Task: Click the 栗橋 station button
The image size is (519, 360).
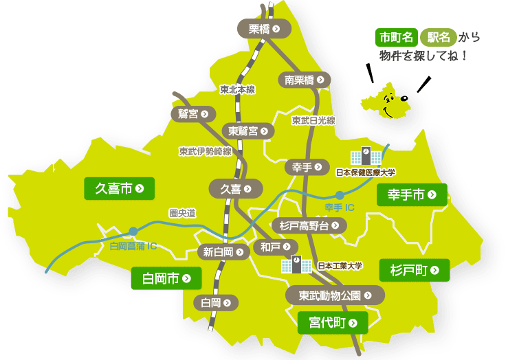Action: coord(264,28)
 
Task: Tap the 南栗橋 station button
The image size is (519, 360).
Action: coord(305,80)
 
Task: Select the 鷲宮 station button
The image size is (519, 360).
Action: coord(193,113)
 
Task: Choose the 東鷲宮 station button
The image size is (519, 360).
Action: coord(247,131)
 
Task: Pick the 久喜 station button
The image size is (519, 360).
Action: coord(236,188)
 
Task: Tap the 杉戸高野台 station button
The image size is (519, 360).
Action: coord(309,225)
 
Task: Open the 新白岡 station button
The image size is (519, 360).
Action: coord(223,251)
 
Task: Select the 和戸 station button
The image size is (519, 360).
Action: coord(276,246)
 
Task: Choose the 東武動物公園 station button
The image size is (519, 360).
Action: coord(335,295)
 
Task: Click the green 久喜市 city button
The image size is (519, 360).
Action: coord(119,188)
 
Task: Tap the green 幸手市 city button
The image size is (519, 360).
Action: coord(412,195)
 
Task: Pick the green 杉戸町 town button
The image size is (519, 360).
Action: coord(415,270)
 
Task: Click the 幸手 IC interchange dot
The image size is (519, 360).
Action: coord(340,195)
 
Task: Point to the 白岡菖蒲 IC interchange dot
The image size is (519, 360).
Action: coord(133,231)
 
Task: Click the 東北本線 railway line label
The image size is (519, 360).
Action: coord(237,89)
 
